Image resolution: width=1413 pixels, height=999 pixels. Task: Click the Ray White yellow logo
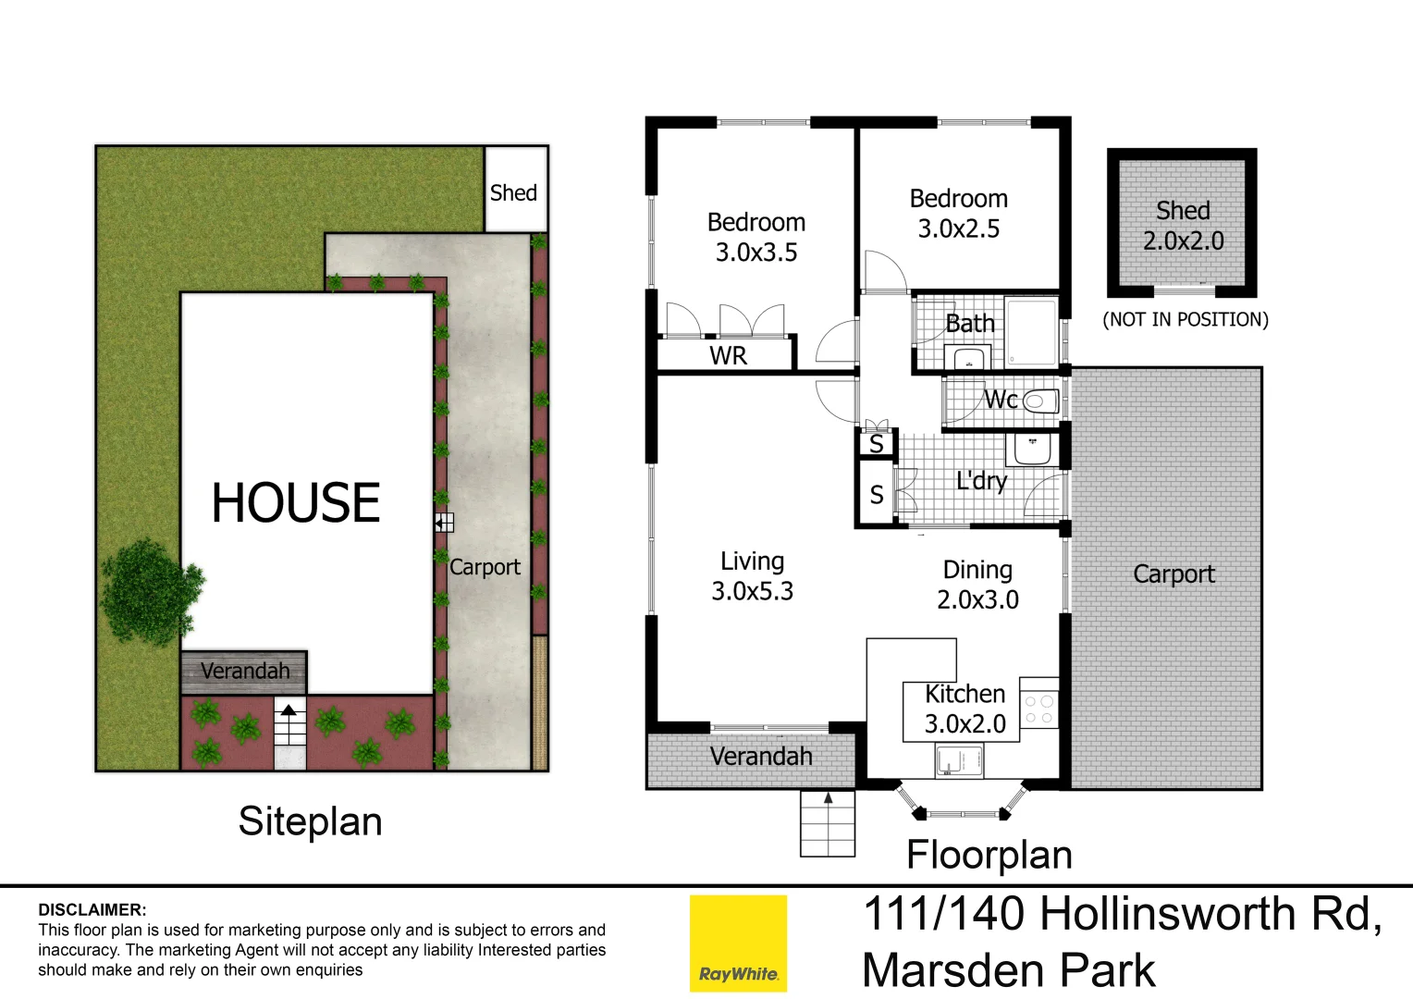pos(738,943)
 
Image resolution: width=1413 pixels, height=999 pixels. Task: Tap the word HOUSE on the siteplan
pos(296,503)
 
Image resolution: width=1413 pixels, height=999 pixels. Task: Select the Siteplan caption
pos(310,821)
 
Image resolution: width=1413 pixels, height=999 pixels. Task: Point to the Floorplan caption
pos(989,855)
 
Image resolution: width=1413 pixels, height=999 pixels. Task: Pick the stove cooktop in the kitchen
pos(1038,709)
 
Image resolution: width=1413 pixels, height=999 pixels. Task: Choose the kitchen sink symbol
pos(958,761)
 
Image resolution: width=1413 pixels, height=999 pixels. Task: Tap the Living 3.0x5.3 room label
pos(752,576)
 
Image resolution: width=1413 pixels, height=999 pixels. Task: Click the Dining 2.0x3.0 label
pos(977,585)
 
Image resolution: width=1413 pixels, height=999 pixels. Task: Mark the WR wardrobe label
pos(728,356)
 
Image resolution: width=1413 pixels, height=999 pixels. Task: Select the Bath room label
pos(970,324)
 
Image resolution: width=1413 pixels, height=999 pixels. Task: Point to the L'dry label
pos(981,481)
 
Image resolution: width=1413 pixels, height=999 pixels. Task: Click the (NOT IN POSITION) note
pos(1185,320)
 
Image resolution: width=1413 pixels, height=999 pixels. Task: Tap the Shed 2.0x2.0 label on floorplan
pos(1183,226)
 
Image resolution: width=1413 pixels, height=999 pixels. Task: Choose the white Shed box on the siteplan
pos(514,191)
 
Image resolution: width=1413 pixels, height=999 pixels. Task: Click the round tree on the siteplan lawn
pos(150,592)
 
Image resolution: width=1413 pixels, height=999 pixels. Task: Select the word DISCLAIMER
pos(92,910)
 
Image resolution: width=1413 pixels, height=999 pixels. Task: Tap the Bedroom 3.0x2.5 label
pos(958,214)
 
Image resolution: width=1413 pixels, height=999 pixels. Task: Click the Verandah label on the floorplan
pos(761,757)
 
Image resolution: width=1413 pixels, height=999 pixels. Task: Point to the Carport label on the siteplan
pos(485,567)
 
